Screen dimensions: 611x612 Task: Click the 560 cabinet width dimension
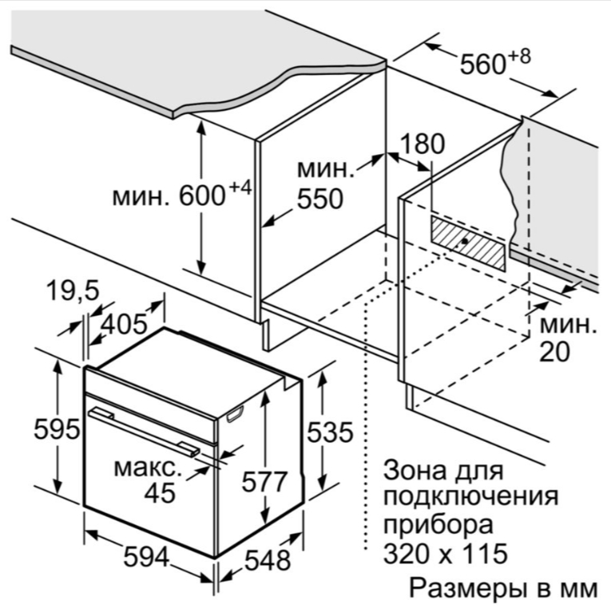coord(483,64)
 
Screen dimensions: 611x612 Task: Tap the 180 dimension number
coord(423,144)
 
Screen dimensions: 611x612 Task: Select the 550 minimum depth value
coord(320,199)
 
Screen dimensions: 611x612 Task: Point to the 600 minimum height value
coord(202,195)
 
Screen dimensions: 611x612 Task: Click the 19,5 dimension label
coord(73,290)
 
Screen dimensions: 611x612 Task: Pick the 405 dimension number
coord(124,324)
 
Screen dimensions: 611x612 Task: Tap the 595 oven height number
coord(57,429)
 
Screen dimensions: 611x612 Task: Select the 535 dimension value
coord(330,432)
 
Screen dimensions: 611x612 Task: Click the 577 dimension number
coord(264,481)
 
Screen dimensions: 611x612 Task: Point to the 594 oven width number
coord(146,557)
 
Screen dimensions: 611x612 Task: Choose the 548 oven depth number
coord(268,560)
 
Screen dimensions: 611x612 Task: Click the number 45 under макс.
coord(160,493)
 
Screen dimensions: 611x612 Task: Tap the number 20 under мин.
coord(554,352)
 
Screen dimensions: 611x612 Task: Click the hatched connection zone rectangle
coord(468,243)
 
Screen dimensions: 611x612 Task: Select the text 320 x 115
coord(446,553)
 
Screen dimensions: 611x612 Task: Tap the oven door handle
coord(144,432)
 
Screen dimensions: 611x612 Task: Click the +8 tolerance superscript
coord(520,57)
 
